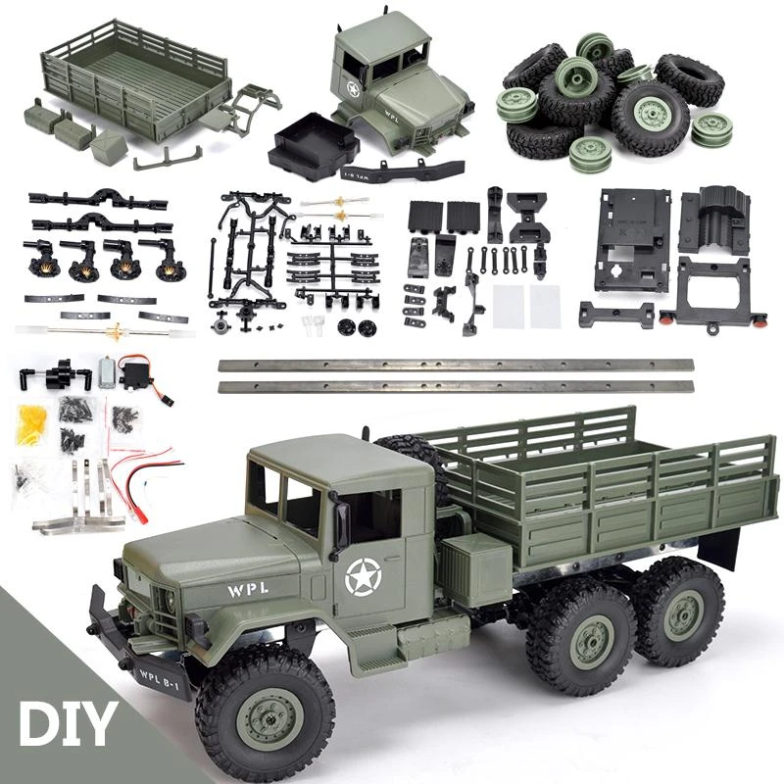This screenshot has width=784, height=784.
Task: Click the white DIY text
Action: (x=67, y=723)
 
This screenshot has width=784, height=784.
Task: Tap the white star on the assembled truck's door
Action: (x=363, y=576)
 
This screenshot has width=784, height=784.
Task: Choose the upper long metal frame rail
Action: (x=456, y=365)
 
